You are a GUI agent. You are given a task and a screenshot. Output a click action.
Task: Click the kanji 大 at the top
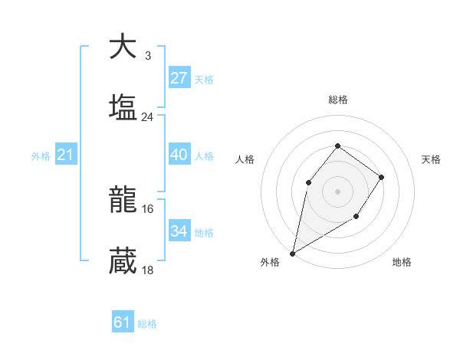pos(123,47)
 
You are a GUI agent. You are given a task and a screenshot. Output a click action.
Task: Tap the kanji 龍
pos(123,200)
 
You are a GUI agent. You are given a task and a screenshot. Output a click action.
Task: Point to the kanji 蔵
pos(123,260)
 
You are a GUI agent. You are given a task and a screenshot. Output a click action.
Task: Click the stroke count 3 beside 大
pos(147,56)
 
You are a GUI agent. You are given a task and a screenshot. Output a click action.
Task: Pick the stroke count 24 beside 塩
pos(147,117)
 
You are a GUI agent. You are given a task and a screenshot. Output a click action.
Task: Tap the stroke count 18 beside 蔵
pos(147,270)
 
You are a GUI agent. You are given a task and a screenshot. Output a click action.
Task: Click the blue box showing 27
pos(179,77)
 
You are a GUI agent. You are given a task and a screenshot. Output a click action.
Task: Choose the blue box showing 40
pos(179,155)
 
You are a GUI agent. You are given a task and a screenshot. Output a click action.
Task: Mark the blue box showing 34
pos(179,231)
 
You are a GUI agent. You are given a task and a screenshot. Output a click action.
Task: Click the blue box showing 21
pos(65,155)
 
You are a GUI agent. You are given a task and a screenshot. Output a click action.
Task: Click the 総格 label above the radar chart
pos(338,100)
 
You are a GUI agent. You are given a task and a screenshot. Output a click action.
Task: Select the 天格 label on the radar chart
pos(431,159)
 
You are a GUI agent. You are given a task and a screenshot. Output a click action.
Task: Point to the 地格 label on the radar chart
pos(402,263)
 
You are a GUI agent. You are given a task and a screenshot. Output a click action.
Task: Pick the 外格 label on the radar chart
pos(270,263)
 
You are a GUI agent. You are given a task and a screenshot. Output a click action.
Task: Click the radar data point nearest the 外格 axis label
pos(293,253)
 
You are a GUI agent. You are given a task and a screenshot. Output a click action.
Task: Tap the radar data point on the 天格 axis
pos(382,178)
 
